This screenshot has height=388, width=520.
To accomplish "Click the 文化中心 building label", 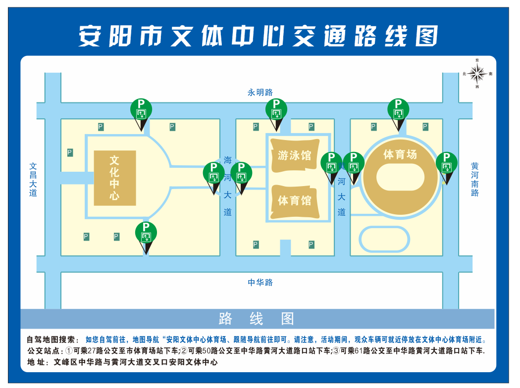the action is coord(115,178).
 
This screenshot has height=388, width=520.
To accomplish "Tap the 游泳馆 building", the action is coord(295,155).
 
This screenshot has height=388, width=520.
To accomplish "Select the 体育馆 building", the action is coord(295,200).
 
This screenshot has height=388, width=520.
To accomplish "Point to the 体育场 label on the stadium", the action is coord(400,154).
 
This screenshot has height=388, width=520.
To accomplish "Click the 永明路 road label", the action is coord(260,93).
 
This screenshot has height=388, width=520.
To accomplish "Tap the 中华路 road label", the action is coord(260,283).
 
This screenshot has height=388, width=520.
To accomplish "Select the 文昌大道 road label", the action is coord(33,180).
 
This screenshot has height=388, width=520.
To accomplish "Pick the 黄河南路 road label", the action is coord(475,179).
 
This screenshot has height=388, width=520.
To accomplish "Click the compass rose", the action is coord(477,74).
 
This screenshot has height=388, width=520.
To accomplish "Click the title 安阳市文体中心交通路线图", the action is coord(259,36).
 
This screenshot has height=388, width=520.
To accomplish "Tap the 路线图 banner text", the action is coord(257,319).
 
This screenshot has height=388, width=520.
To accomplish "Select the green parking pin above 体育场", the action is coord(398,109).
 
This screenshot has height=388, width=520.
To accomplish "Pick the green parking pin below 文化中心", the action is coord(146,233).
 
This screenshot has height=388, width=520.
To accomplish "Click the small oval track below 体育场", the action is coord(384,239).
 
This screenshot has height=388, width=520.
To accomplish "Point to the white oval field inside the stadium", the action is coord(400,177).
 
